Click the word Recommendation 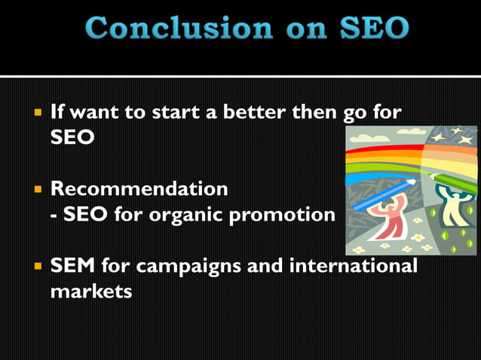[139, 188]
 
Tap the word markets [90, 291]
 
